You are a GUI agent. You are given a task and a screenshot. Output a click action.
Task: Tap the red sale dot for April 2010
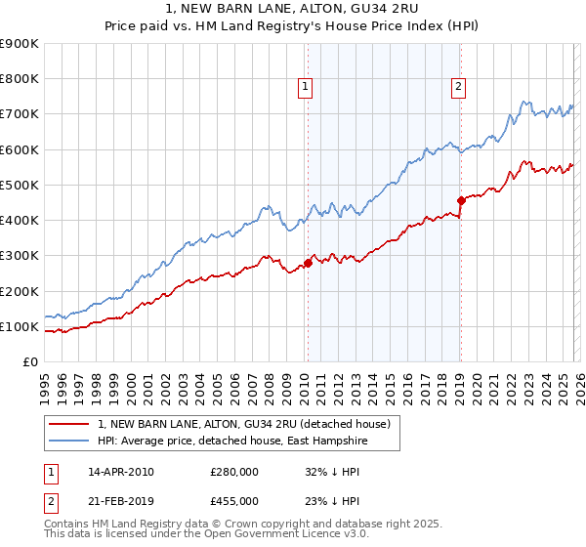[308, 262]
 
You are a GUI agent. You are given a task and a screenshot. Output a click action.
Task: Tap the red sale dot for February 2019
[460, 200]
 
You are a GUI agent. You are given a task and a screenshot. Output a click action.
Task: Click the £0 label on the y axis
[29, 361]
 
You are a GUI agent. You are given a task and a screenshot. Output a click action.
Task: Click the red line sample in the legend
[71, 424]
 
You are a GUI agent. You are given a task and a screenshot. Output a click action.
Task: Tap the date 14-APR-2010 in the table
[121, 472]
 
